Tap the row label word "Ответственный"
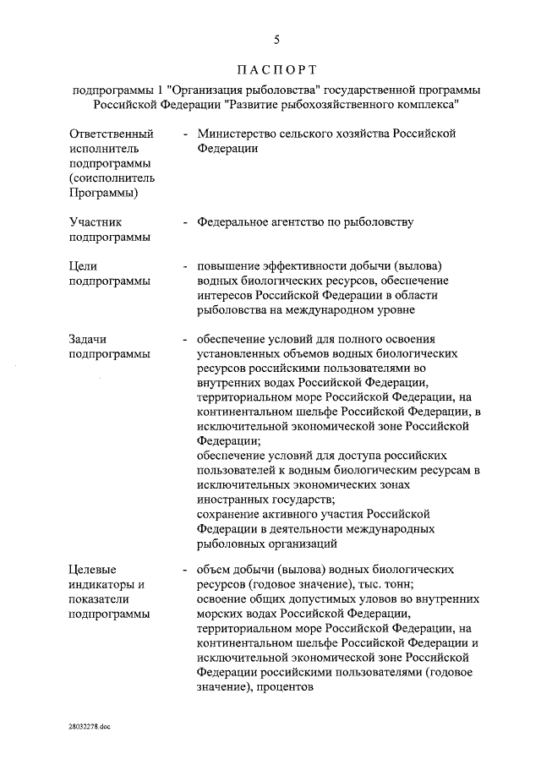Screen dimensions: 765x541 pyautogui.click(x=112, y=134)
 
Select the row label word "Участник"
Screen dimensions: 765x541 pyautogui.click(x=96, y=222)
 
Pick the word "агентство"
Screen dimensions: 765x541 pyautogui.click(x=308, y=222)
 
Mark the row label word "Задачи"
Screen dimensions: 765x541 pyautogui.click(x=90, y=339)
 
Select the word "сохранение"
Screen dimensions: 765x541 pyautogui.click(x=228, y=514)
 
